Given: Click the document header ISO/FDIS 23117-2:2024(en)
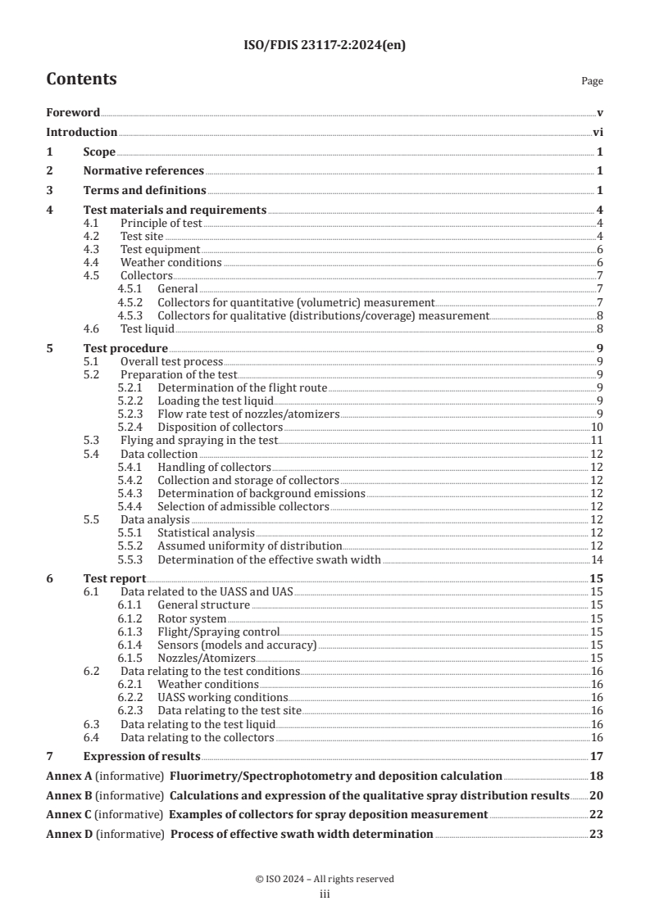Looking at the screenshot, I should [x=325, y=46].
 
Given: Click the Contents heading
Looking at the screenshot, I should [x=81, y=79].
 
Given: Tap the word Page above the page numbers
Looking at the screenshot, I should [x=592, y=81].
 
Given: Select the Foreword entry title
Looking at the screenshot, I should [x=73, y=112].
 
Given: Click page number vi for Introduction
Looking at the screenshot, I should [x=598, y=132].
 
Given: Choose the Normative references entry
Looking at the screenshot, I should [x=143, y=170].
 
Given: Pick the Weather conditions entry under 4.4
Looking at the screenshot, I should [x=170, y=262].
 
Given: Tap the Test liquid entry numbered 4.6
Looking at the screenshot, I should [x=148, y=328].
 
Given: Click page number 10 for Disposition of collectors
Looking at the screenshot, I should [x=598, y=427].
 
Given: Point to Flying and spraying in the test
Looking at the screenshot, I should [x=199, y=440].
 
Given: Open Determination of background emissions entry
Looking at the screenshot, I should [x=261, y=493].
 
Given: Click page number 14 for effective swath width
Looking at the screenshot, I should [x=598, y=559].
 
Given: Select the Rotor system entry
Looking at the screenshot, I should [x=192, y=618].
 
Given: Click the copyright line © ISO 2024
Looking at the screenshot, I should [x=325, y=879].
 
